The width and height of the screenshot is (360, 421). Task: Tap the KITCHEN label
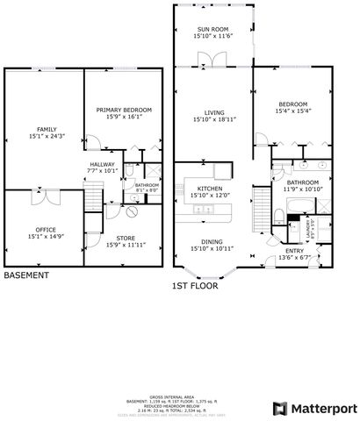209,189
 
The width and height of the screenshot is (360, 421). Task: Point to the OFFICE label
34,232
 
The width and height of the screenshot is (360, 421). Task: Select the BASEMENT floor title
26,275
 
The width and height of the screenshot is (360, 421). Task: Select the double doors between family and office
42,189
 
